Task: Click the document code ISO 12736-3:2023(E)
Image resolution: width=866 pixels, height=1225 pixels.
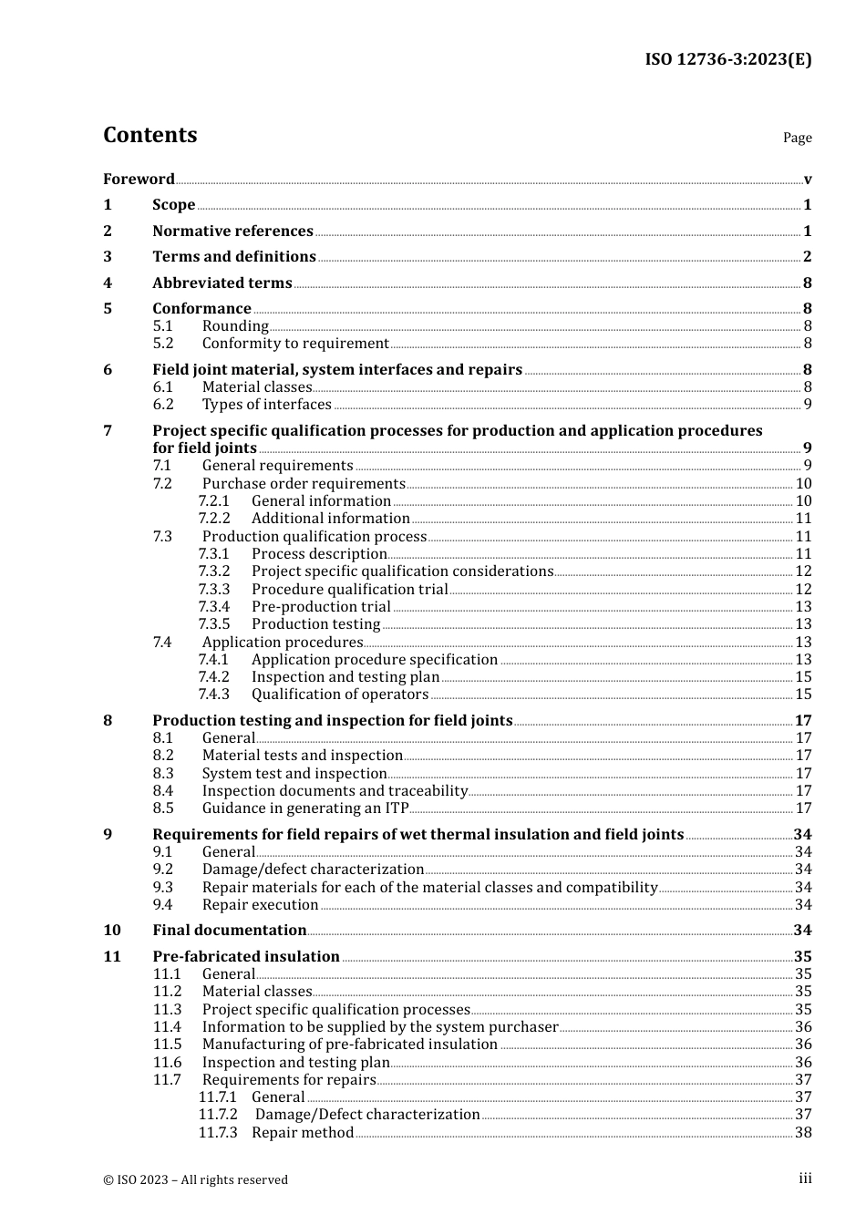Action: pyautogui.click(x=727, y=59)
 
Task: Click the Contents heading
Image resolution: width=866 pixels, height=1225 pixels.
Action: pyautogui.click(x=149, y=135)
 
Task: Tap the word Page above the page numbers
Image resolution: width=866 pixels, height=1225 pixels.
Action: pyautogui.click(x=797, y=138)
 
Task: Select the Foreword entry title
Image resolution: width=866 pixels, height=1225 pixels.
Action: pyautogui.click(x=139, y=180)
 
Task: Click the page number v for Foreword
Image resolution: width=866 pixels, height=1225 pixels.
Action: pyautogui.click(x=807, y=180)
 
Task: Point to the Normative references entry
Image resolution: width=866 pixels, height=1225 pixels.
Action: pyautogui.click(x=232, y=232)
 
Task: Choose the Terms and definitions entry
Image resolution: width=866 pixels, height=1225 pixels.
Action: pyautogui.click(x=233, y=257)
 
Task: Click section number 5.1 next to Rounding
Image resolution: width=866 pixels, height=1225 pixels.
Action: pyautogui.click(x=162, y=326)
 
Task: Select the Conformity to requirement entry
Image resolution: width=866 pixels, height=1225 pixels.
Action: pyautogui.click(x=295, y=344)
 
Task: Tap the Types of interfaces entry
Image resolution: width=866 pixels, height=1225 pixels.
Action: pyautogui.click(x=266, y=405)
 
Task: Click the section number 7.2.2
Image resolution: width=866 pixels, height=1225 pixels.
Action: pyautogui.click(x=214, y=519)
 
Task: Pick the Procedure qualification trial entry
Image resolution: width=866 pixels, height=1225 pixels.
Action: pyautogui.click(x=349, y=590)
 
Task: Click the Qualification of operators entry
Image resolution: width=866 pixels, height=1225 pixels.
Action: pyautogui.click(x=339, y=695)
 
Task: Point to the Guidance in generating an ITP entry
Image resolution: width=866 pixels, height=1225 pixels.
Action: pyautogui.click(x=304, y=808)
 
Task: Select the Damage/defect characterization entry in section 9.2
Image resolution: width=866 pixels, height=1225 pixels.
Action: pyautogui.click(x=313, y=870)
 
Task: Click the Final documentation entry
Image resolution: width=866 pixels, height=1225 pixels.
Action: pyautogui.click(x=229, y=931)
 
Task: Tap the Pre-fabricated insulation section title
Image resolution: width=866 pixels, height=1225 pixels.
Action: pyautogui.click(x=245, y=957)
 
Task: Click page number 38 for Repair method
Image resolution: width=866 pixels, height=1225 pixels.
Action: pyautogui.click(x=803, y=1133)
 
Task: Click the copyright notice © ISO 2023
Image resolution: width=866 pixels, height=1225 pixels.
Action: pyautogui.click(x=195, y=1179)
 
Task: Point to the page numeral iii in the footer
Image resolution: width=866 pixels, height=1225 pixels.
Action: pyautogui.click(x=805, y=1179)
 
